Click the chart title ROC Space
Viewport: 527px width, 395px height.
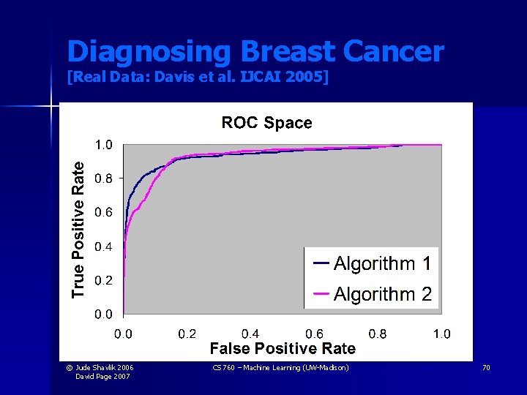tap(266, 123)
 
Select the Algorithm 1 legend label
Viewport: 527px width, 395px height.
tap(382, 263)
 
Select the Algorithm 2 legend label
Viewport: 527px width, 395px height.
tap(382, 294)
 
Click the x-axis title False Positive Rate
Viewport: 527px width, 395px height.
tap(283, 349)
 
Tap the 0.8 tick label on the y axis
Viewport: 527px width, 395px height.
tap(104, 178)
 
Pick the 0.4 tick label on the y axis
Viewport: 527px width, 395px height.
tap(104, 247)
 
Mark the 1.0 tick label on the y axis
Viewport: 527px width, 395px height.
tap(104, 145)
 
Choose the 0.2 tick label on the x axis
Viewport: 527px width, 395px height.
tap(187, 334)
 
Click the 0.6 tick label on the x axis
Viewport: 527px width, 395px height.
tap(315, 334)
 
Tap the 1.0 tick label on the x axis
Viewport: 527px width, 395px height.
tap(441, 334)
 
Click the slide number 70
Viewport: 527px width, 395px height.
tap(486, 368)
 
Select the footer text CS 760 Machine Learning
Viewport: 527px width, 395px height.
tap(280, 368)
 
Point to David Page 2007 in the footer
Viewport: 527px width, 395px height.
tap(104, 376)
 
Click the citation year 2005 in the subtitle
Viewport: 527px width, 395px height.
tap(305, 75)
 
